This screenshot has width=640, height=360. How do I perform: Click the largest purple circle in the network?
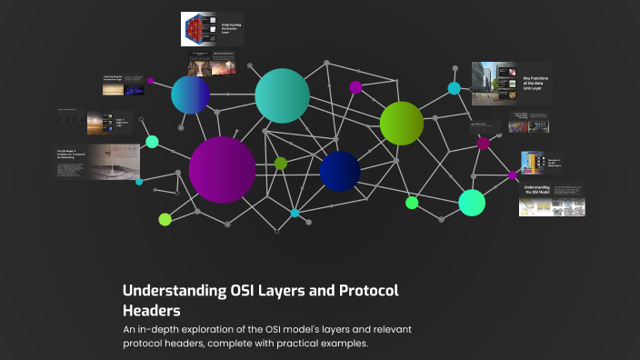(223, 170)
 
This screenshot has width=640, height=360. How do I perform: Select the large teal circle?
(283, 95)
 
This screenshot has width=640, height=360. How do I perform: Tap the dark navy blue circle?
(340, 171)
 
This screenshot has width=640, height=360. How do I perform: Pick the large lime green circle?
(402, 124)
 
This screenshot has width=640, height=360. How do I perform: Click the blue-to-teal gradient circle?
(190, 95)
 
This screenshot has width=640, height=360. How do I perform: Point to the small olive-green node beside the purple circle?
(281, 164)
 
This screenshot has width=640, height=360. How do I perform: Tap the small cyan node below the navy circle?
(295, 213)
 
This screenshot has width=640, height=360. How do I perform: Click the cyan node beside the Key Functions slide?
(454, 88)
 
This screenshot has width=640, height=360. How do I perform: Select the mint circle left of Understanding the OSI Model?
(472, 203)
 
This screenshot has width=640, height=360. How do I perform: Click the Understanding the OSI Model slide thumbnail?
(551, 201)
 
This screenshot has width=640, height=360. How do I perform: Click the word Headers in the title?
(151, 310)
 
